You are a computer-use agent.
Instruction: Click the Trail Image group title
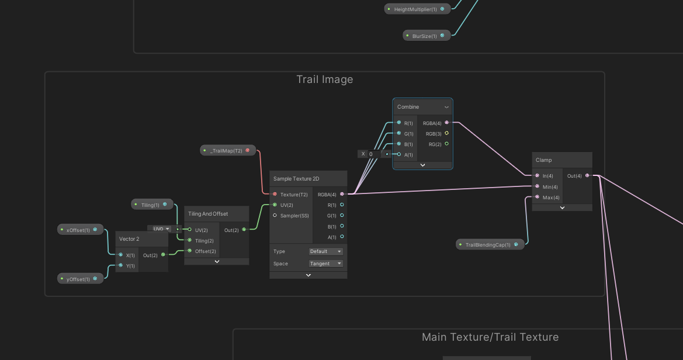click(324, 79)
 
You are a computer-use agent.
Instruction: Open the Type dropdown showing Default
click(326, 251)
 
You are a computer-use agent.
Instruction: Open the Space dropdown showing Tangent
click(326, 264)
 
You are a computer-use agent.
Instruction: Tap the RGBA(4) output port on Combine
click(446, 123)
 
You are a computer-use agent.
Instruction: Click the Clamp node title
click(543, 160)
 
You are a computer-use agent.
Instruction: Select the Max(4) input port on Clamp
click(537, 197)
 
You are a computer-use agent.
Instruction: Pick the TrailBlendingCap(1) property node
click(488, 245)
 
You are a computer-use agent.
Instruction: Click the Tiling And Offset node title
click(208, 214)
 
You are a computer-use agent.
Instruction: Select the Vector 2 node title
click(129, 239)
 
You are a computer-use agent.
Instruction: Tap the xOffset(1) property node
click(78, 230)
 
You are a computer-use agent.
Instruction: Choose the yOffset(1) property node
click(78, 279)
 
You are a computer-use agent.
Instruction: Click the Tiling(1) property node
click(150, 205)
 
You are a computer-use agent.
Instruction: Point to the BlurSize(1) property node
click(425, 36)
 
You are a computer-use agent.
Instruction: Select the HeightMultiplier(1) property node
click(415, 9)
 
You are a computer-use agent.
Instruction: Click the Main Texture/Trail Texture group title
click(490, 337)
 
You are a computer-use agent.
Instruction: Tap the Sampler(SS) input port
click(275, 216)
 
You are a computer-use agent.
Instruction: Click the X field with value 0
click(372, 154)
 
